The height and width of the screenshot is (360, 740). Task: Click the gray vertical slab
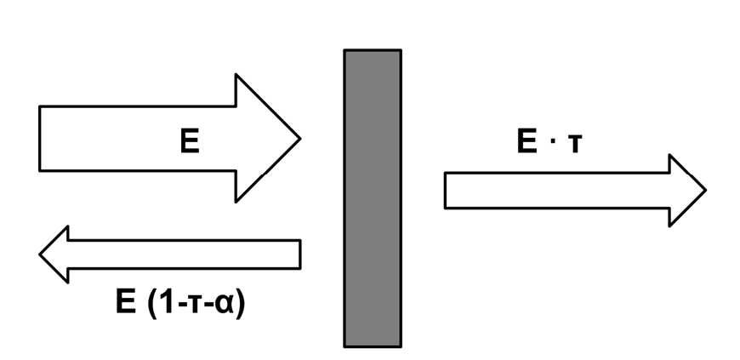tap(373, 198)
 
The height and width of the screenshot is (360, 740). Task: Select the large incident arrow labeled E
tap(169, 139)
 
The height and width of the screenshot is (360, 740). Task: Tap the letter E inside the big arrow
tap(190, 140)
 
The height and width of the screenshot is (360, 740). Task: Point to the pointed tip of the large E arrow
tap(300, 139)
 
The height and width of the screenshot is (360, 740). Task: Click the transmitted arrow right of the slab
tap(575, 191)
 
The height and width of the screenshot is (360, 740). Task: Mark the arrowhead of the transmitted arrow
tap(687, 191)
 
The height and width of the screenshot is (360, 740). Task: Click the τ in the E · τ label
tap(575, 144)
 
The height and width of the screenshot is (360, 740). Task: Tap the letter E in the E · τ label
tap(527, 140)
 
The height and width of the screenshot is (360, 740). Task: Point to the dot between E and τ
tap(552, 142)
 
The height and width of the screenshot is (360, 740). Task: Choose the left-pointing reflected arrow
tap(170, 254)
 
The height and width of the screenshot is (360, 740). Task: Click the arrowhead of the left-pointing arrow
tap(54, 254)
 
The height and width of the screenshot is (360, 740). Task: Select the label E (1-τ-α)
tap(181, 302)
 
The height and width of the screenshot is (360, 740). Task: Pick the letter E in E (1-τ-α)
tap(126, 301)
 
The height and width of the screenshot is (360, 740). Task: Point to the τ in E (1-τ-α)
tap(196, 305)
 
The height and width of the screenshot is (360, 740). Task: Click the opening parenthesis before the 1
tap(152, 303)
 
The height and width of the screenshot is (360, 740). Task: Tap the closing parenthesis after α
tap(241, 303)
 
